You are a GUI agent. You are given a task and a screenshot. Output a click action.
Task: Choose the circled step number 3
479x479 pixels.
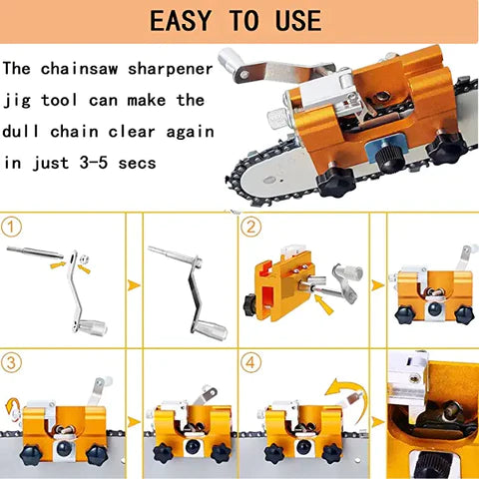click(14, 362)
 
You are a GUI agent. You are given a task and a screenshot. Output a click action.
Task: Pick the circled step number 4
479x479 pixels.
click(252, 362)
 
